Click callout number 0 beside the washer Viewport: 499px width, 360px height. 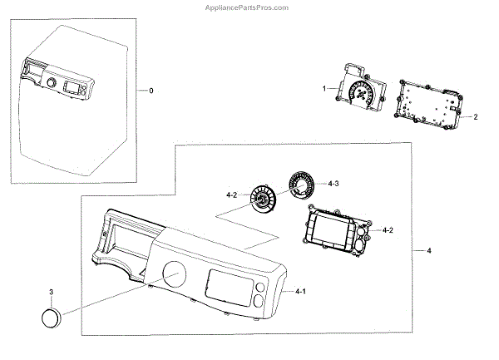pyautogui.click(x=150, y=90)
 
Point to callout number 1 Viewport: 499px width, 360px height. pyautogui.click(x=324, y=87)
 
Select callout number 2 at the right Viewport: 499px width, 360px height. pyautogui.click(x=475, y=117)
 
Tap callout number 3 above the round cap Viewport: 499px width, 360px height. pyautogui.click(x=51, y=293)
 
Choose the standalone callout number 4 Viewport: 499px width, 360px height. pyautogui.click(x=429, y=249)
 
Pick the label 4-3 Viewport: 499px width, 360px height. pyautogui.click(x=333, y=184)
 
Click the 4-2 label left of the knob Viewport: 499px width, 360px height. pyautogui.click(x=232, y=195)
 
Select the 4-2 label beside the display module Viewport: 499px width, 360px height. pyautogui.click(x=388, y=228)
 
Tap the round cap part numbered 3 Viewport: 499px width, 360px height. pyautogui.click(x=52, y=318)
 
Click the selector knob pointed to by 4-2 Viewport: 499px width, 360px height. pyautogui.click(x=264, y=202)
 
